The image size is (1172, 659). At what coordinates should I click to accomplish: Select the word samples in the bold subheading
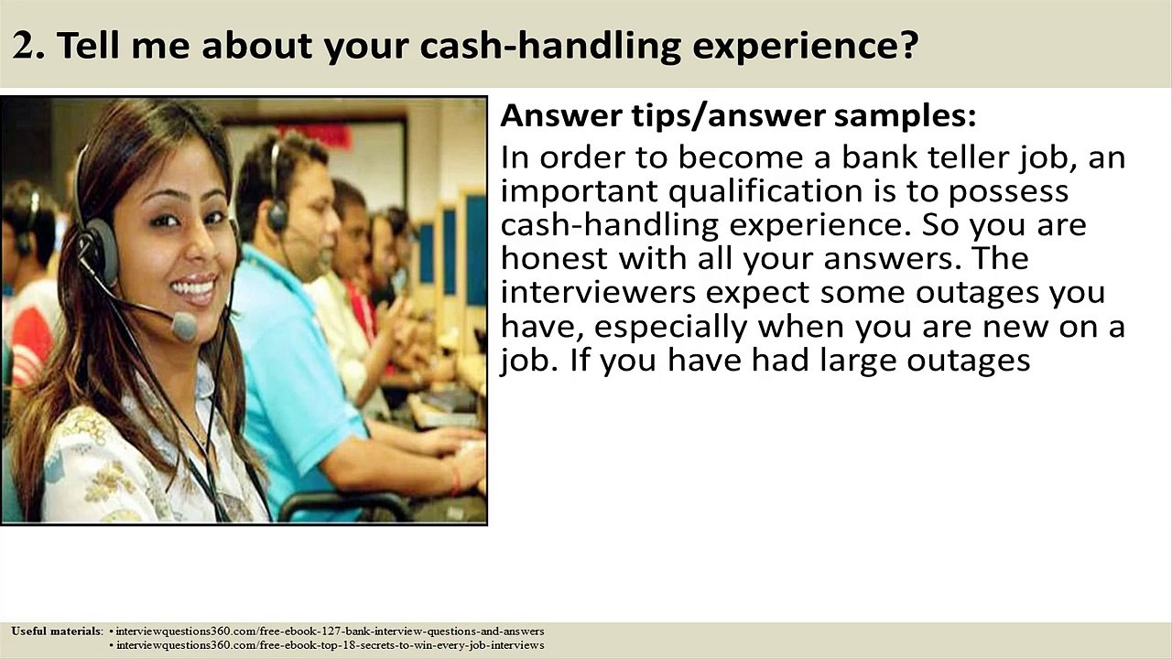click(905, 117)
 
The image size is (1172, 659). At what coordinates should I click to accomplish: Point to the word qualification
click(765, 191)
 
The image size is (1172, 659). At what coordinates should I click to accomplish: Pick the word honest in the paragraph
click(555, 258)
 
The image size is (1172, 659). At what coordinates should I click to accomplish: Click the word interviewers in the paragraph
click(598, 292)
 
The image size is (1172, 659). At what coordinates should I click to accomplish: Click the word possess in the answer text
click(1008, 191)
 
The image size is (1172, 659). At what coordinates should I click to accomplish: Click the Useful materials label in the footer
click(57, 632)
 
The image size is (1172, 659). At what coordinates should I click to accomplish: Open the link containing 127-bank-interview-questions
click(330, 632)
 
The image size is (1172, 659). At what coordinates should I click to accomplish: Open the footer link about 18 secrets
click(330, 645)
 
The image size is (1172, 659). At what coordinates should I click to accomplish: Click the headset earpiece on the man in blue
click(278, 213)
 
